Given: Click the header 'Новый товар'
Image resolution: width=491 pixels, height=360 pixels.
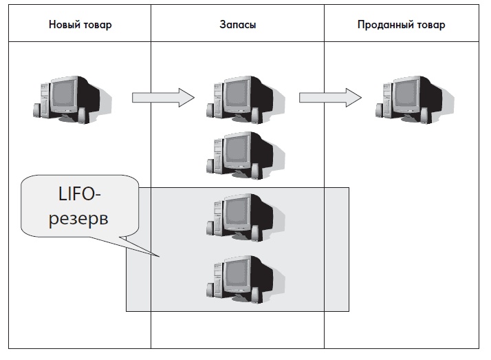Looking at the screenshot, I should pos(80,25).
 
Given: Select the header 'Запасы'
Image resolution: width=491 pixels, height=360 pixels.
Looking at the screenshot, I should pos(237,25).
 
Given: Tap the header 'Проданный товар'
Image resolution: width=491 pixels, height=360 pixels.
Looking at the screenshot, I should pos(401,25).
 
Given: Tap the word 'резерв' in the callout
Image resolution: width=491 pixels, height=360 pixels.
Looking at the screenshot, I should pos(78,219).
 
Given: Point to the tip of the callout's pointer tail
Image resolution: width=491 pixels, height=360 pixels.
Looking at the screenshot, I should pos(160,258).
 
